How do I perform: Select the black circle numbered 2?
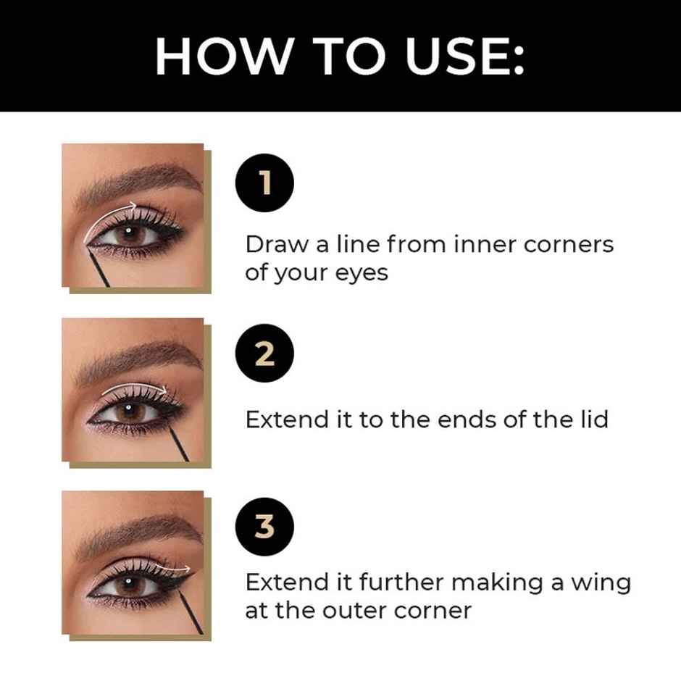(265, 356)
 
